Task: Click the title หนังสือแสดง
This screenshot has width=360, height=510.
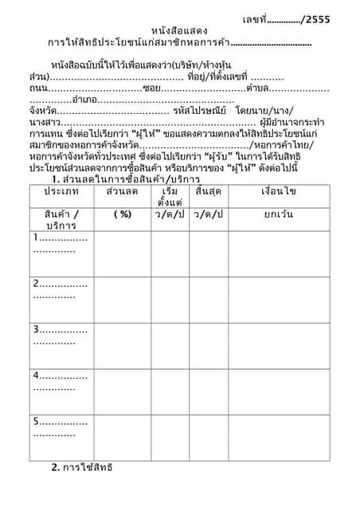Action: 179,30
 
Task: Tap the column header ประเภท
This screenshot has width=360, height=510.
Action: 61,192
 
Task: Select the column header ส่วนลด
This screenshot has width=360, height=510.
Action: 122,192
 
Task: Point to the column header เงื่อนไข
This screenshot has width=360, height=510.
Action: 279,192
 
